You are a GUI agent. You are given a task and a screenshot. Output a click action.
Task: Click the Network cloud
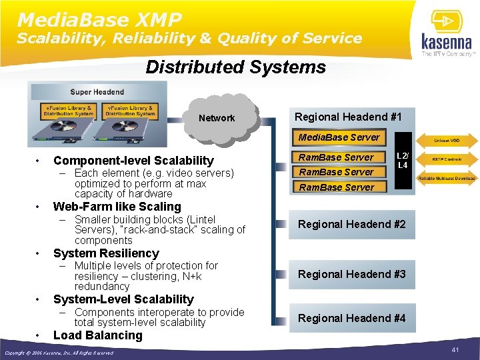(x=217, y=118)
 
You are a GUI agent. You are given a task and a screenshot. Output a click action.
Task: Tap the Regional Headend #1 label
(x=348, y=117)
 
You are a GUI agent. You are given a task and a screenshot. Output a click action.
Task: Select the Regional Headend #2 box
(x=351, y=225)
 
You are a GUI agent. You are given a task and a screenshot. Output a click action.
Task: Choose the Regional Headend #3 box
(x=351, y=274)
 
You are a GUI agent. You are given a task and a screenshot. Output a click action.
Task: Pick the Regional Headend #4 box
(x=351, y=318)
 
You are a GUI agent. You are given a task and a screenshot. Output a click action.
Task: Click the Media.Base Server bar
(x=339, y=137)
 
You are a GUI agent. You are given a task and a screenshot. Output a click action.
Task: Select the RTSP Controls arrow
(x=446, y=160)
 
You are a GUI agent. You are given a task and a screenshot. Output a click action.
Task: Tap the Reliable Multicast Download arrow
(x=446, y=179)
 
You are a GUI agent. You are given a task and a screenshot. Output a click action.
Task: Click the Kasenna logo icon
(x=446, y=21)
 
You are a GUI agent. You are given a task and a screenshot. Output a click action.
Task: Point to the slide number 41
(x=456, y=350)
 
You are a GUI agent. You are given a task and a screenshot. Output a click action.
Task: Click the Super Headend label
(x=97, y=91)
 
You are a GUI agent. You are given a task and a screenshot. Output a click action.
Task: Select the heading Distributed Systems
(x=235, y=67)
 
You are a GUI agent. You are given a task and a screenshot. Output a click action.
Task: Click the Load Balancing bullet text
(x=97, y=335)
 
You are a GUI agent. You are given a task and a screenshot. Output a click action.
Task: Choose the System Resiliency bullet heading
(x=106, y=253)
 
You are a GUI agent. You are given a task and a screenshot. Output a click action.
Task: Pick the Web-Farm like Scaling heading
(x=117, y=207)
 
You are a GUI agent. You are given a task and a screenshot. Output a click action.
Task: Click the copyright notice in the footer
(x=59, y=353)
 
